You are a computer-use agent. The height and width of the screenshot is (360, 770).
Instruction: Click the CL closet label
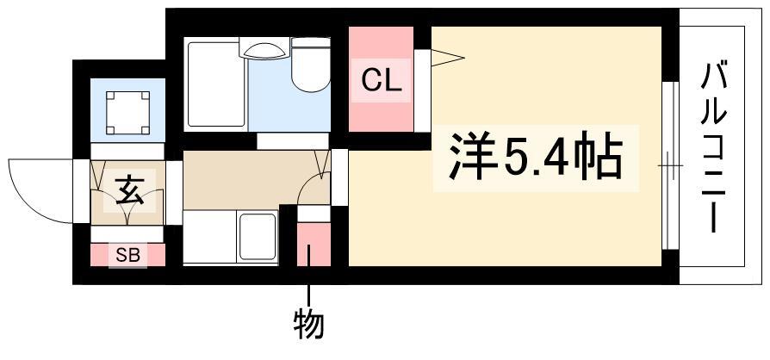click(382, 82)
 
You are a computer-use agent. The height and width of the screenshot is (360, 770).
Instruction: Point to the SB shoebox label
click(127, 255)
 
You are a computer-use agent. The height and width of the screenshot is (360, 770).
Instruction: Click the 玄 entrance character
click(130, 191)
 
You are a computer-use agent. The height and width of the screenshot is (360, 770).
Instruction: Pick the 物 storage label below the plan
click(309, 325)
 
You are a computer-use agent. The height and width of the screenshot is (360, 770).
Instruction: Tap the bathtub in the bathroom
click(216, 84)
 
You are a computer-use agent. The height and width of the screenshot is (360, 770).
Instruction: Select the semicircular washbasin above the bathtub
click(264, 50)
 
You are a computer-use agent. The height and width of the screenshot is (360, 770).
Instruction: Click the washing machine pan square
click(127, 113)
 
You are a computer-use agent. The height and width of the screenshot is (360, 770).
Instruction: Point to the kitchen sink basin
click(257, 236)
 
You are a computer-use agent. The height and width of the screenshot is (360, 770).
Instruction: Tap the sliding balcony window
click(670, 165)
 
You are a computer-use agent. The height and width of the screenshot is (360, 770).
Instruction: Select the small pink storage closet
click(314, 244)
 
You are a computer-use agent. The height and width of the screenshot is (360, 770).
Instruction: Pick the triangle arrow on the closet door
click(447, 58)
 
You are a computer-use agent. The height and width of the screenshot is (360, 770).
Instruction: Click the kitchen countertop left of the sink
click(209, 237)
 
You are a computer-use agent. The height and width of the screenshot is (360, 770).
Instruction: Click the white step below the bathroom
click(293, 141)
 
